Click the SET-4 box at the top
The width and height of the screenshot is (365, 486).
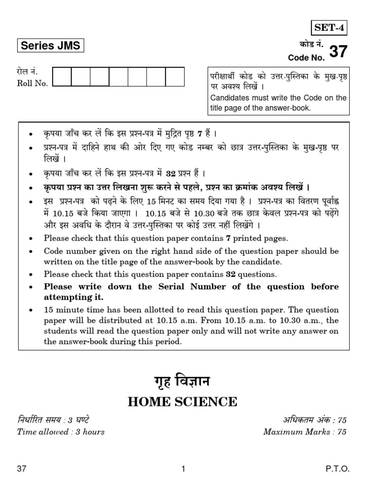pos(329,28)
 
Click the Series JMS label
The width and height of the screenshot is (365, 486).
pos(50,47)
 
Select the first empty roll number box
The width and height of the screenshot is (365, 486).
pos(62,77)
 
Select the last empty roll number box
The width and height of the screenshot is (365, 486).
pos(174,77)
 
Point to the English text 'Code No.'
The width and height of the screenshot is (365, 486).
pos(307,57)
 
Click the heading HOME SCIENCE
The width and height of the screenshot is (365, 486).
pos(182,402)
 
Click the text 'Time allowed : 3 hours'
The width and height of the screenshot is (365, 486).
pos(61,431)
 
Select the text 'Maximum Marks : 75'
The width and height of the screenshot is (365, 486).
pos(305,431)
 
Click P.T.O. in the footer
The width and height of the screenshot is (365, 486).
pos(337,469)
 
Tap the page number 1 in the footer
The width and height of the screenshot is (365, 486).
pos(183,469)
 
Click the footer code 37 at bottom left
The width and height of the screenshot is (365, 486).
pos(21,469)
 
